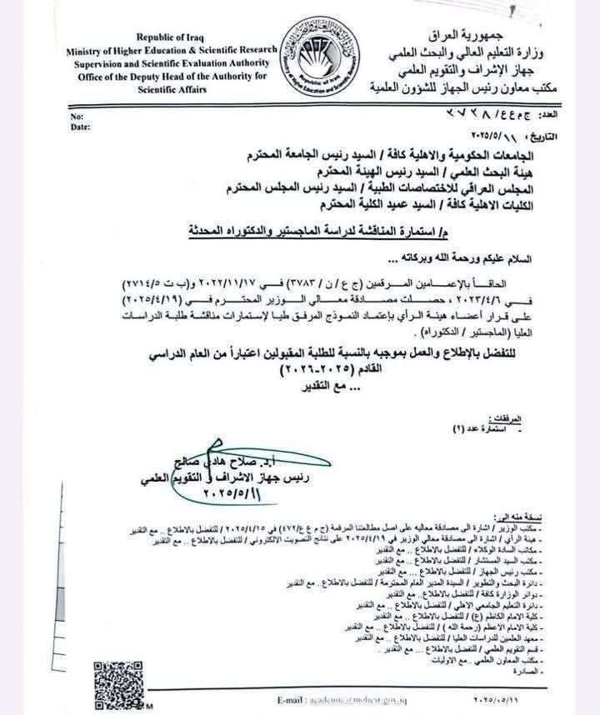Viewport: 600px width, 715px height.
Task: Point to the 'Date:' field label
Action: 80,127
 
